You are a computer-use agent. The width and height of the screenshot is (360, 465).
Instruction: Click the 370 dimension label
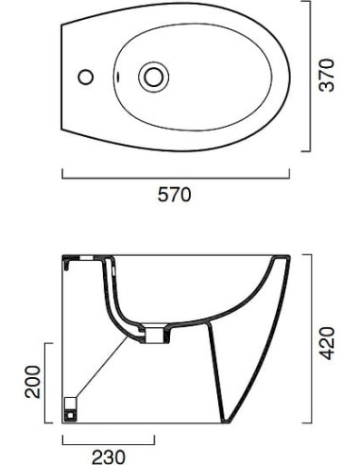click(326, 75)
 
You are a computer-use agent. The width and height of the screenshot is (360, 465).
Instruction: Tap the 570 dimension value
click(174, 195)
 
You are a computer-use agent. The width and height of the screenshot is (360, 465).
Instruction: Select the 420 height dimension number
click(327, 343)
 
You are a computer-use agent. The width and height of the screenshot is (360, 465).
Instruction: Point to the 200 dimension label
click(33, 382)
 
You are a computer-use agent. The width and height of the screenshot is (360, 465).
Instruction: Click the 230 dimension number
click(109, 457)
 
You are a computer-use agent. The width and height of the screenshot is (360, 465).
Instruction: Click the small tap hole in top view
click(86, 77)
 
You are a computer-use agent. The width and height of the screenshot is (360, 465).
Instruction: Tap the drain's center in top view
click(153, 77)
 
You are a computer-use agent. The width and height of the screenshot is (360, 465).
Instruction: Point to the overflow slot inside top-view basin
click(118, 76)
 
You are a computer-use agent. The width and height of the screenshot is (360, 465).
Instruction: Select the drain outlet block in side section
click(154, 336)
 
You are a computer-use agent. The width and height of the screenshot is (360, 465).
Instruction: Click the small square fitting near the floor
click(70, 409)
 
